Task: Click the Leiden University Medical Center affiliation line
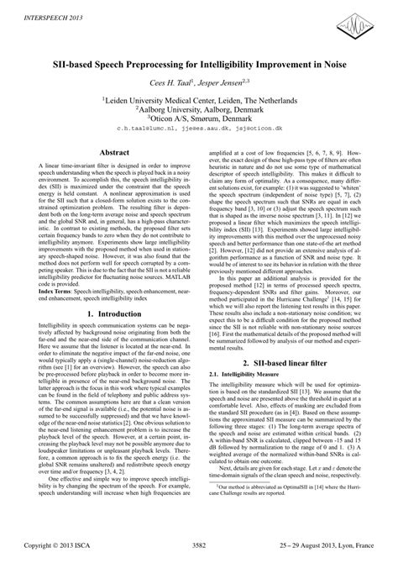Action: (x=198, y=98)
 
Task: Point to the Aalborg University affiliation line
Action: (x=198, y=109)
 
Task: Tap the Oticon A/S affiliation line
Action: (x=198, y=119)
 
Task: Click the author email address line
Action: (x=198, y=130)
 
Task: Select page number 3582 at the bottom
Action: (x=198, y=547)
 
